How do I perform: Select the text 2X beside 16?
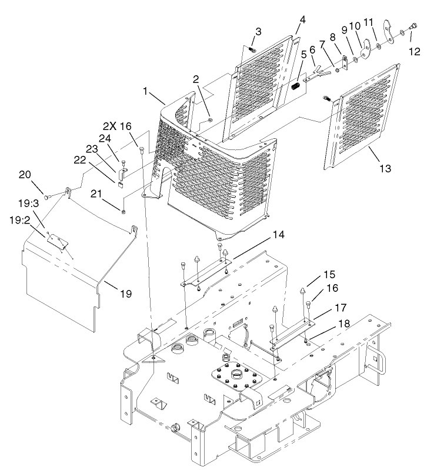click(x=110, y=126)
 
